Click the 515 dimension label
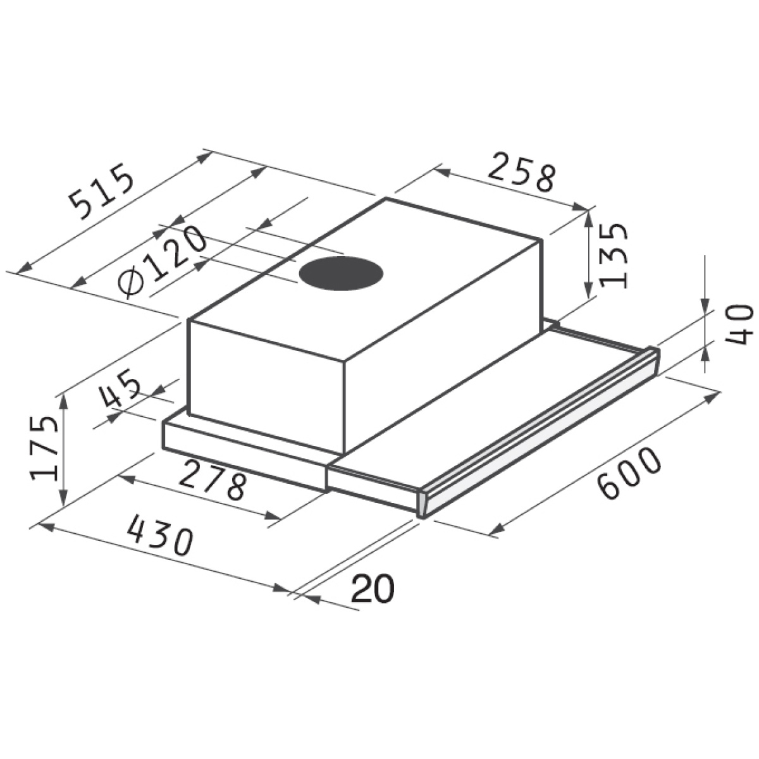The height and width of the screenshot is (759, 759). pos(102,192)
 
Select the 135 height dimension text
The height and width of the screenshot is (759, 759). pos(612,256)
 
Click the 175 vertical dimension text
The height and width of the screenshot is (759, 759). pos(44,448)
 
